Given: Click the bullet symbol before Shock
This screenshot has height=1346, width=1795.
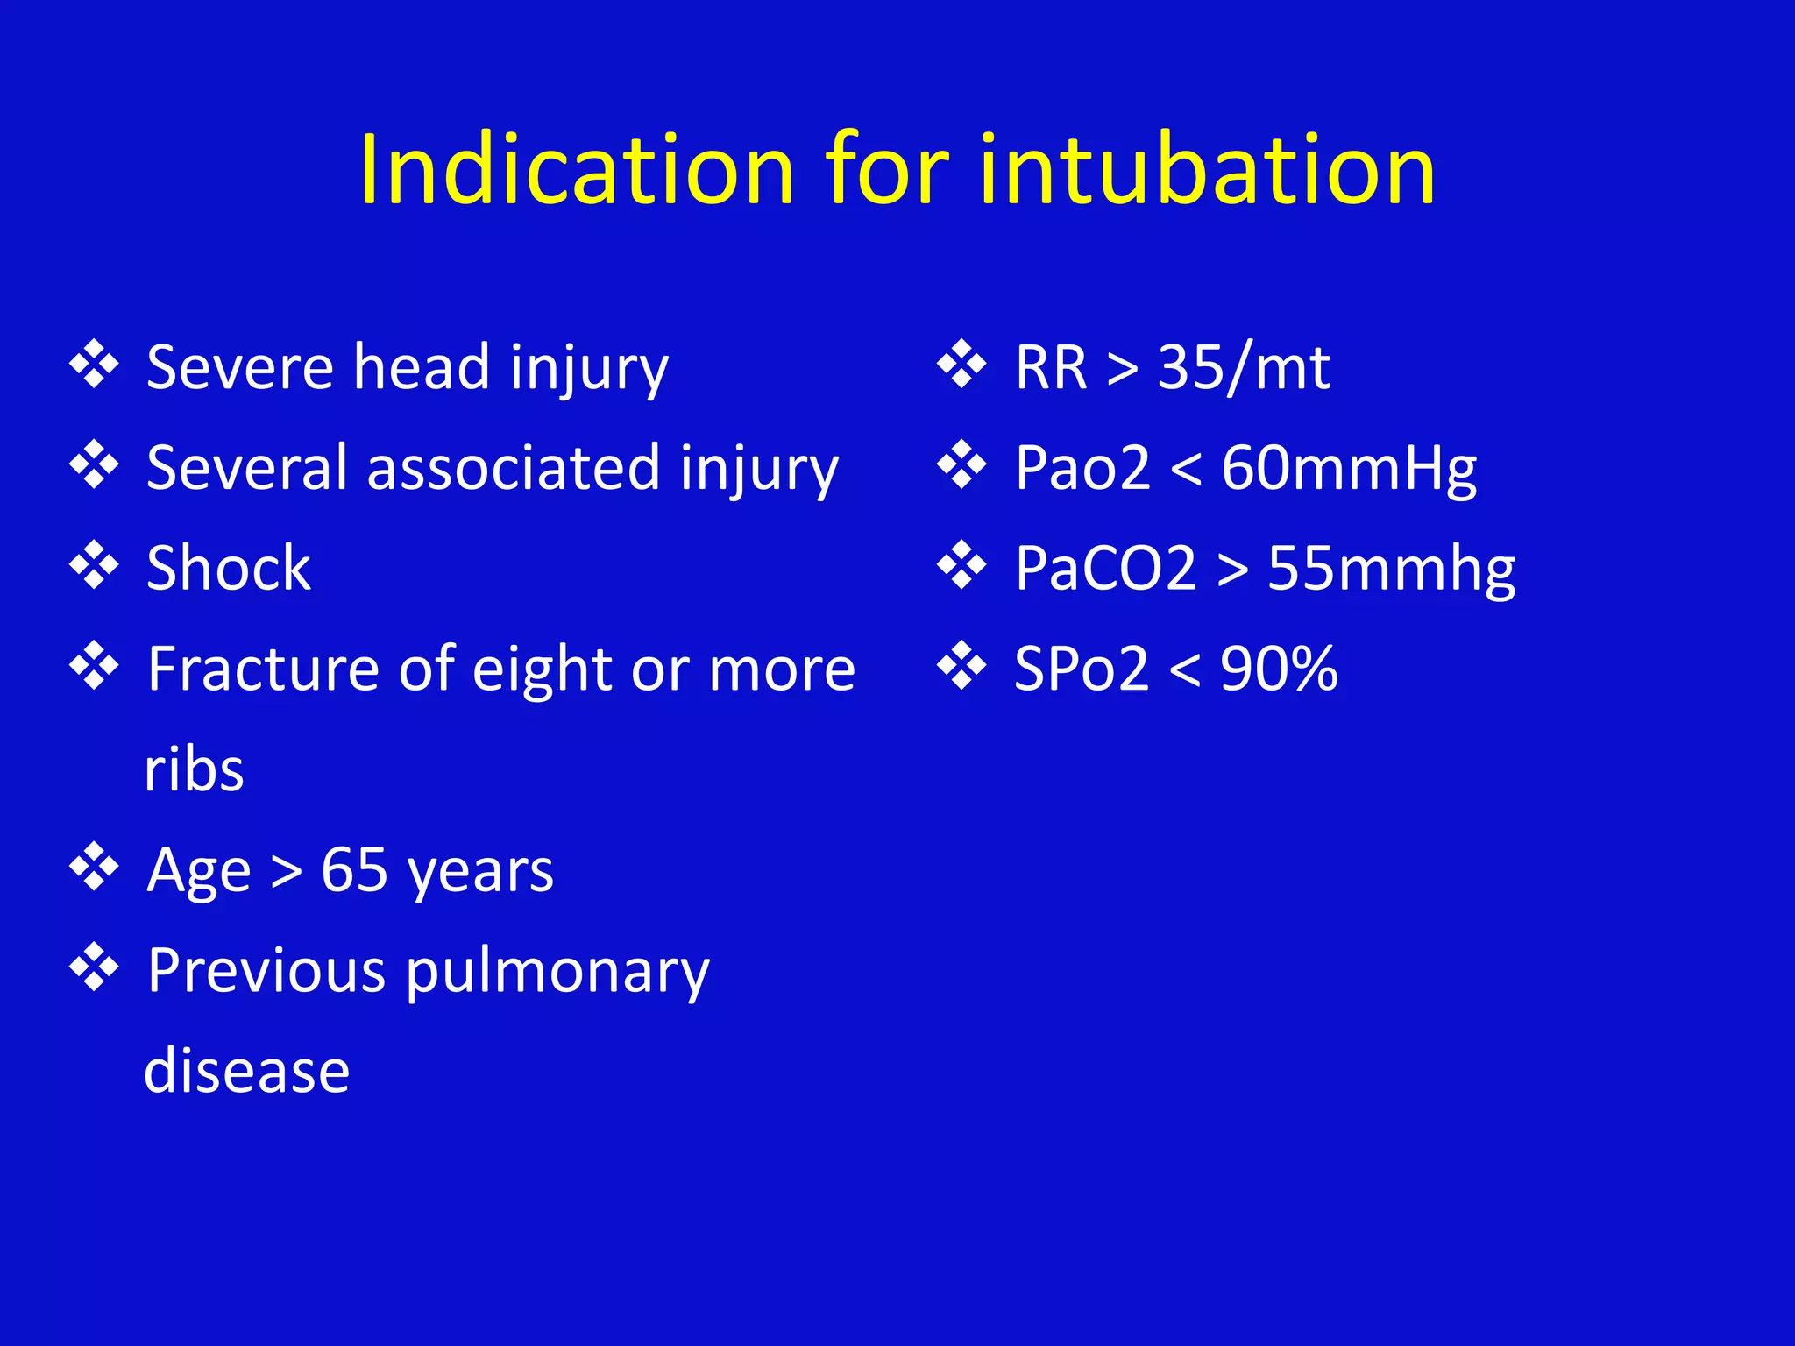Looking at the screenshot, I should click(94, 565).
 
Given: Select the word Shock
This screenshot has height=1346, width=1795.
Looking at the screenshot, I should click(229, 568).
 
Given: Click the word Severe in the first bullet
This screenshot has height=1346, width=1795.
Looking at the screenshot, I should click(239, 367).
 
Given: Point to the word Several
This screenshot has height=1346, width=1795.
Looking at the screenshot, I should click(246, 467).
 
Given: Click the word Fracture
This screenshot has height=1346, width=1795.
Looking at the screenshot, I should click(264, 669).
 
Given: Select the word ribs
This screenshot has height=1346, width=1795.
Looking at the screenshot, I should click(194, 770).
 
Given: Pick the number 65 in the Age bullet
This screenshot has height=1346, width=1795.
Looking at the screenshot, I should click(354, 870).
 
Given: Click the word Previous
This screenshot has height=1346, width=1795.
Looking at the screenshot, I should click(266, 971).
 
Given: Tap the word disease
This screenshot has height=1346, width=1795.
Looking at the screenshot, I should click(246, 1071).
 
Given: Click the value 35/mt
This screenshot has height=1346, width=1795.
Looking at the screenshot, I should click(1244, 367).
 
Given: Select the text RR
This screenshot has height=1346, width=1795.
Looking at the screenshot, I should click(1051, 367).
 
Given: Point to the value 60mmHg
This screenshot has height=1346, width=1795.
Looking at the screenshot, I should click(1349, 469).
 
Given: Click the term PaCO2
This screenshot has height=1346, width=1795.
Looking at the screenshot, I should click(1105, 568).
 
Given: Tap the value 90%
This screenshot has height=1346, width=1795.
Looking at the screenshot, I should click(1279, 669).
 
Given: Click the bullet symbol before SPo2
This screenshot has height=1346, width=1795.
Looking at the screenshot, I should click(961, 666).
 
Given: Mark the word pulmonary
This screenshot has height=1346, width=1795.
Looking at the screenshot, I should click(557, 973).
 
